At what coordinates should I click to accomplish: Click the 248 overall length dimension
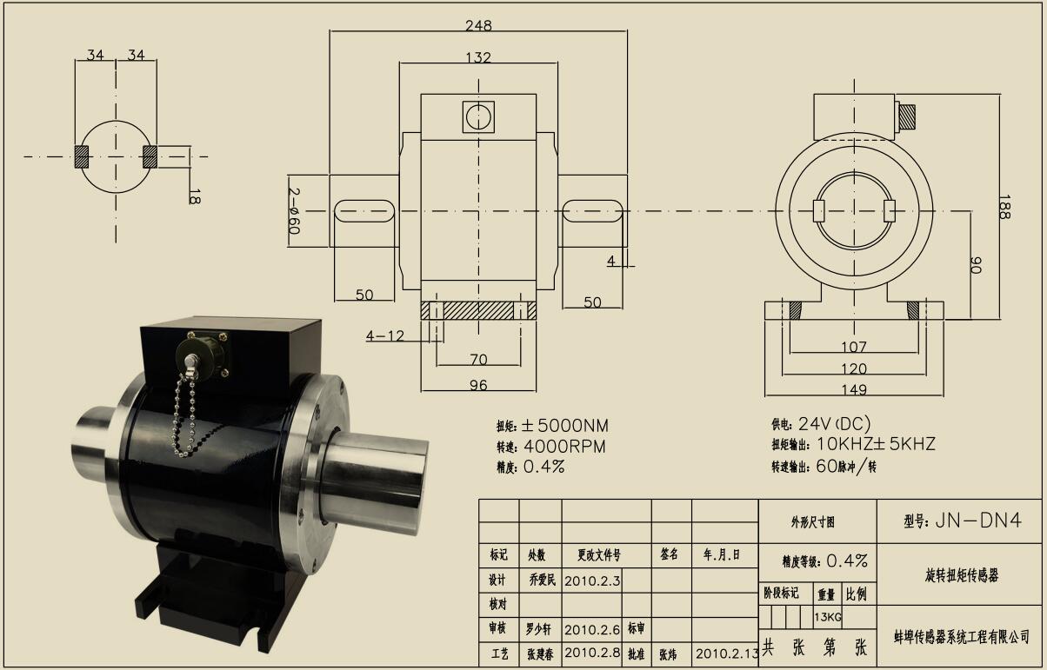coord(478,26)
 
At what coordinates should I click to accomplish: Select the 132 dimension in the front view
coord(478,58)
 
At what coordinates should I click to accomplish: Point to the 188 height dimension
coord(1005,206)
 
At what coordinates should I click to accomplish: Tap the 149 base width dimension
coord(854,388)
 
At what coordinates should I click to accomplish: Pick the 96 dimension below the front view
coord(478,385)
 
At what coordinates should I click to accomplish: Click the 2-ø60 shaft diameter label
coord(294,210)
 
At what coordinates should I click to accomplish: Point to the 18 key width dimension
coord(194,196)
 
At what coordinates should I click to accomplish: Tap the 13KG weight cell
coord(827,617)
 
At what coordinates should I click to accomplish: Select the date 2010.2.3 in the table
coord(592,580)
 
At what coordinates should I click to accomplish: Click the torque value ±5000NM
coord(565,426)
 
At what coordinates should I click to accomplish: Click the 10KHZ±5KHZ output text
coord(876,444)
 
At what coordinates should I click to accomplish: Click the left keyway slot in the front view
coord(364,210)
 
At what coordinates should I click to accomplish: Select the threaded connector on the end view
coord(907,115)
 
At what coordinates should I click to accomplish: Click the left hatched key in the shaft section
coord(82,156)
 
